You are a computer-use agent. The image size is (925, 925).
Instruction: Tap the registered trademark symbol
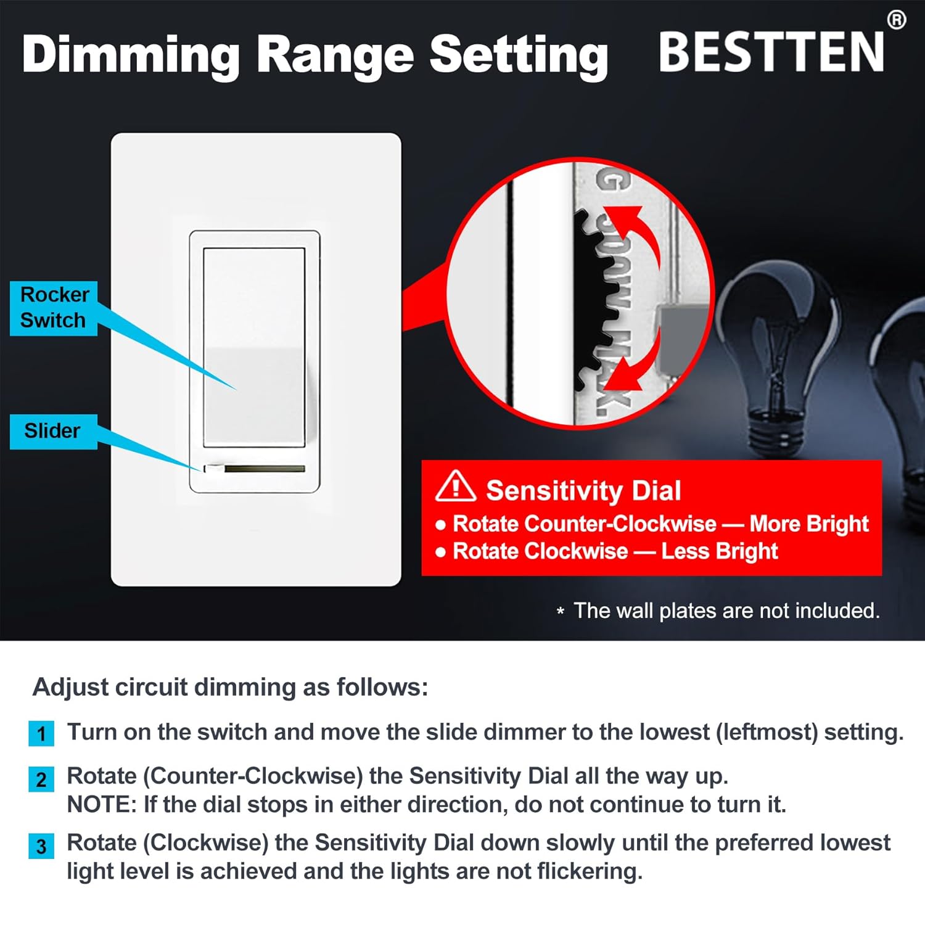tap(896, 20)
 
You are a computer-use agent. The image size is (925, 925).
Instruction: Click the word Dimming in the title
tap(131, 54)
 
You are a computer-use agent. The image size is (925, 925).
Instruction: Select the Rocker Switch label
tap(54, 307)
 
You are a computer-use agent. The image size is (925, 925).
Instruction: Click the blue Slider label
tap(53, 430)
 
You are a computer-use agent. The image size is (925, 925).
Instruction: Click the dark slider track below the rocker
tap(264, 469)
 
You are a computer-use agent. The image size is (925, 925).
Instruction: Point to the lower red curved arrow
tap(635, 364)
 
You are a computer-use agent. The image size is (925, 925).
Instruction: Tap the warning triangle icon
tap(455, 486)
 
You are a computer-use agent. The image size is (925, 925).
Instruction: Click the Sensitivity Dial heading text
tap(583, 491)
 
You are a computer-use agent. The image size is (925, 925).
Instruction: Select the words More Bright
tap(808, 524)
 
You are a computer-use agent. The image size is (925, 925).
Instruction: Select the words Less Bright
tap(719, 551)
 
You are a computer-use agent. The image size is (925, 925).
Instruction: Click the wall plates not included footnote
tap(726, 610)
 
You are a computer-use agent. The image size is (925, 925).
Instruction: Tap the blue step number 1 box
tap(41, 733)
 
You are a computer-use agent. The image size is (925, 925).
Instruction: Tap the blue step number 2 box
tap(41, 779)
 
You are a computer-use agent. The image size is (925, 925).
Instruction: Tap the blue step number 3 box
tap(41, 846)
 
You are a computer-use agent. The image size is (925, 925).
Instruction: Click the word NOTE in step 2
tap(101, 804)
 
